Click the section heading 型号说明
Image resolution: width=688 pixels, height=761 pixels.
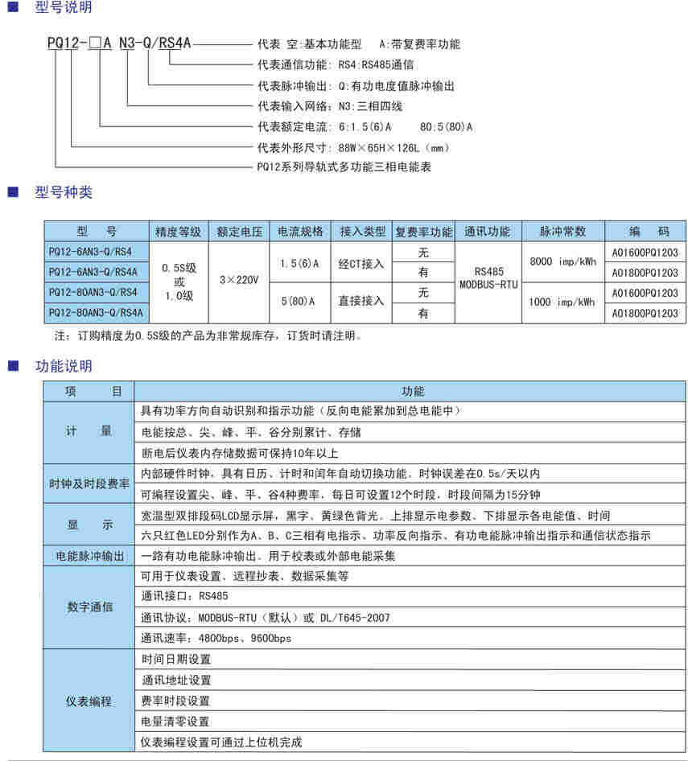coord(64,8)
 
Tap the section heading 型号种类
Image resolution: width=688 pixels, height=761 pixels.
coord(64,192)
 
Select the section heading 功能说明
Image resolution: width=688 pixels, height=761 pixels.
coord(64,366)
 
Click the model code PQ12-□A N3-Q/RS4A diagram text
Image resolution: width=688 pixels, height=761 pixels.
coord(118,44)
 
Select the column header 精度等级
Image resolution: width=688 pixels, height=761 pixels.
coord(179,232)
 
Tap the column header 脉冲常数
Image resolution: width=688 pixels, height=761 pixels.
coord(563,232)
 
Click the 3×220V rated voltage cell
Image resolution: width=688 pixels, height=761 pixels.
coord(239,280)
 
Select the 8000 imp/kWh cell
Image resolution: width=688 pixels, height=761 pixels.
coord(563,261)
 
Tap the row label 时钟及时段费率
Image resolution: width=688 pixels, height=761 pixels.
coord(89,484)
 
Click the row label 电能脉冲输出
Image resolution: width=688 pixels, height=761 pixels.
coord(89,556)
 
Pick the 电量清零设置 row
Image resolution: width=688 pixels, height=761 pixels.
coord(175,722)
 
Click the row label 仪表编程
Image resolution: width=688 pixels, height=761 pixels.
coord(89,701)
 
